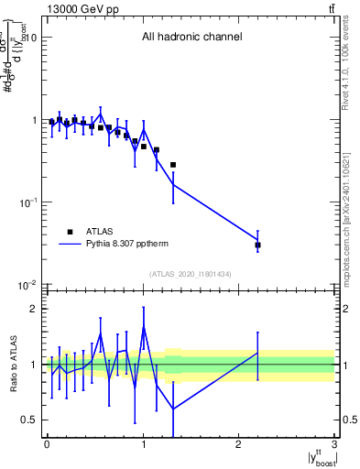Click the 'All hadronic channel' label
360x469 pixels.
(191, 38)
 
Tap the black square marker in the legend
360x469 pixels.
(70, 232)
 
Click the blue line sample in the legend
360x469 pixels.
(70, 245)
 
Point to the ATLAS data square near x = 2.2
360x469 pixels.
(258, 245)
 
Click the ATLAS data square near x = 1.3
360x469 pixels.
(172, 165)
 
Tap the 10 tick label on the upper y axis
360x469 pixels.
(29, 38)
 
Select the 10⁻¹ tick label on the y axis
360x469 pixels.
(27, 202)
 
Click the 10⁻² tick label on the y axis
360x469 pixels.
(27, 285)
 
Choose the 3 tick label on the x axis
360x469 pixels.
(335, 444)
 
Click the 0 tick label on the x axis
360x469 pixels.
(47, 444)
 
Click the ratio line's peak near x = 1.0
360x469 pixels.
(144, 327)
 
